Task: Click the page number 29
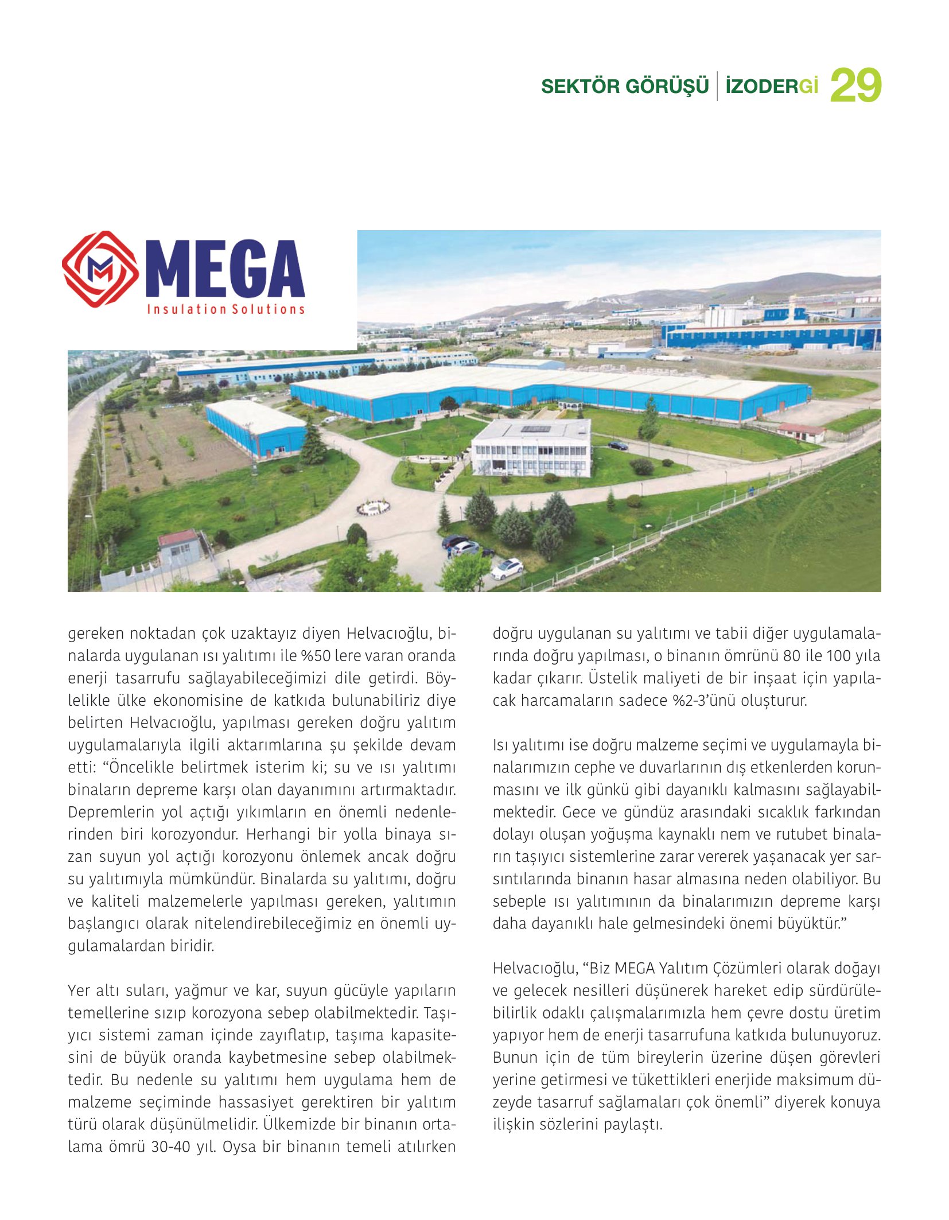855,86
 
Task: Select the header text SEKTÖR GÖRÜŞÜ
625,87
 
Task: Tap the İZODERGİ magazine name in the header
771,87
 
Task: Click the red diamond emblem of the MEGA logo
100,269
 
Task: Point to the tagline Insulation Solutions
225,309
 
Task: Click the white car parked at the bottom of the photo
507,568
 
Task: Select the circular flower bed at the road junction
374,507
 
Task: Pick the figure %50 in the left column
315,656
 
